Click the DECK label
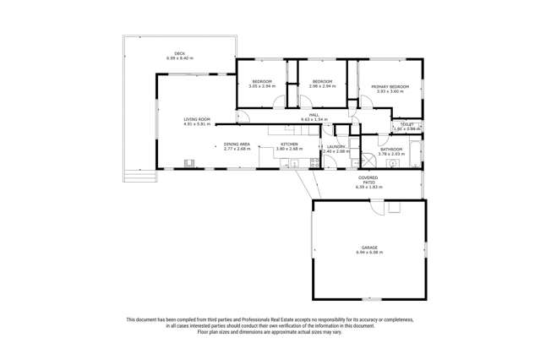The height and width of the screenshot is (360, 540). click(x=179, y=54)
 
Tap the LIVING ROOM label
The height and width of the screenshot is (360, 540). click(x=197, y=120)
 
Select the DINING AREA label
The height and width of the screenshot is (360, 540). click(x=237, y=144)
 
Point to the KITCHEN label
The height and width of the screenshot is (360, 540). click(x=288, y=144)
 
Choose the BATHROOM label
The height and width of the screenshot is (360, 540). click(x=391, y=150)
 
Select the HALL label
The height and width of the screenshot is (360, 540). click(x=314, y=116)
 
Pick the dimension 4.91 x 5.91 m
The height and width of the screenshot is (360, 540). click(x=197, y=124)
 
